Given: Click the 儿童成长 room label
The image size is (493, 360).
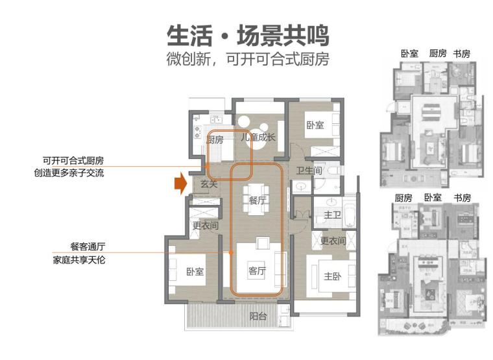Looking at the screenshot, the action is click(258, 137).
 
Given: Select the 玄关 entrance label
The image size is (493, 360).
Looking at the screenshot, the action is click(208, 185).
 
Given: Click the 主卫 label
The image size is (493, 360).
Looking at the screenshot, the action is click(333, 214).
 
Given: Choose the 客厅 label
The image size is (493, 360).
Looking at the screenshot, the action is click(258, 271).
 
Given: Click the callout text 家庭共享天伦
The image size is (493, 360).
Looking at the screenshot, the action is click(78, 260).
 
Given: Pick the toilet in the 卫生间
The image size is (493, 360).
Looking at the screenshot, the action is click(333, 171).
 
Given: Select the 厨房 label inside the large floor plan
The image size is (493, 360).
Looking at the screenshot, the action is click(215, 139).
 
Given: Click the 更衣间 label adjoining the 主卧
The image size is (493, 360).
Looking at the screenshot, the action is click(333, 241).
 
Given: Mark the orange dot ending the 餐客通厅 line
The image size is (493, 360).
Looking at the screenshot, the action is click(231, 252).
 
